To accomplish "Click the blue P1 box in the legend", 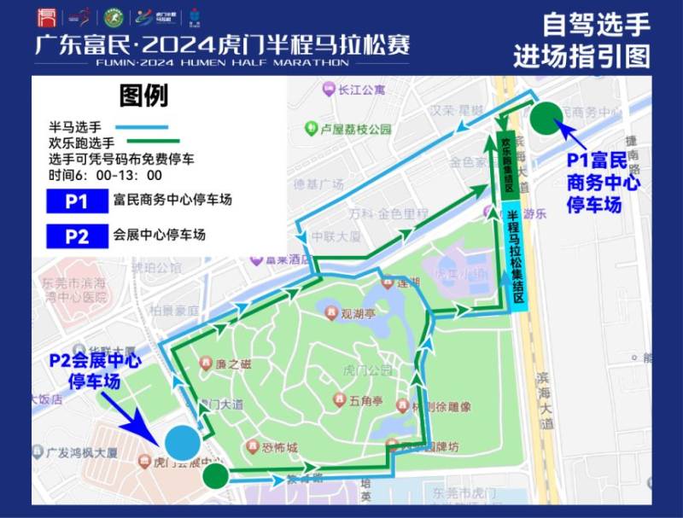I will pyautogui.click(x=77, y=201).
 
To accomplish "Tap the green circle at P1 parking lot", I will pyautogui.click(x=546, y=118).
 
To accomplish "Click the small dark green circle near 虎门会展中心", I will pyautogui.click(x=215, y=474).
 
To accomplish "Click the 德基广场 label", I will pyautogui.click(x=318, y=184).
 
